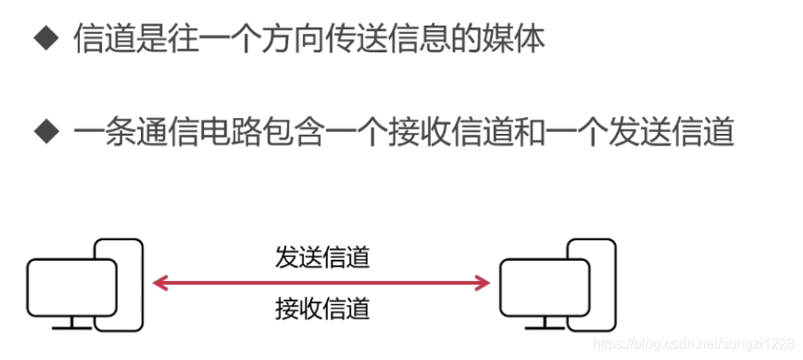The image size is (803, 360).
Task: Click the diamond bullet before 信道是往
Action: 44,41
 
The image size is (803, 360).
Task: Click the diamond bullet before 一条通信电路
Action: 44,133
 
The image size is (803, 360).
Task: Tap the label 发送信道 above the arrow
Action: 322,258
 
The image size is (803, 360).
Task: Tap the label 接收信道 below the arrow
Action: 322,309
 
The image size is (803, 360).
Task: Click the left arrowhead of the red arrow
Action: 158,284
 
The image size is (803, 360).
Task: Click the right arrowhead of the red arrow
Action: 484,284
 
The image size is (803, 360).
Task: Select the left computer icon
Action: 84,284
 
